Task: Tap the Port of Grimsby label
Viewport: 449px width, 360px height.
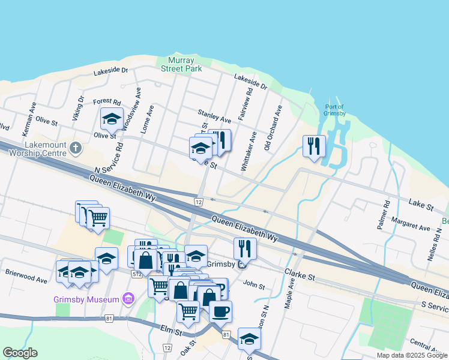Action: pyautogui.click(x=335, y=110)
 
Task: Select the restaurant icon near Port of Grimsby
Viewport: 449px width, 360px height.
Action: pyautogui.click(x=314, y=146)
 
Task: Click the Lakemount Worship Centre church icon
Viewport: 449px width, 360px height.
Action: pyautogui.click(x=76, y=147)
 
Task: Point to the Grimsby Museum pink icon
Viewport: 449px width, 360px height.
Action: pyautogui.click(x=127, y=298)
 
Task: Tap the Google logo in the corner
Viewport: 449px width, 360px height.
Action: pyautogui.click(x=20, y=353)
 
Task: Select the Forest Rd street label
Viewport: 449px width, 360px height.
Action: pyautogui.click(x=107, y=103)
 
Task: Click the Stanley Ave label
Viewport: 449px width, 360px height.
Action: pyautogui.click(x=214, y=116)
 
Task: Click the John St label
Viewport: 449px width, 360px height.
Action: pyautogui.click(x=255, y=287)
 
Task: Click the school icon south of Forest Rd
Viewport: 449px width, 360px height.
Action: pyautogui.click(x=112, y=119)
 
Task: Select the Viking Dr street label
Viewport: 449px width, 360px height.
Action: pyautogui.click(x=77, y=108)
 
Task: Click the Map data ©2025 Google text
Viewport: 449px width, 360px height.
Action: pyautogui.click(x=411, y=355)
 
